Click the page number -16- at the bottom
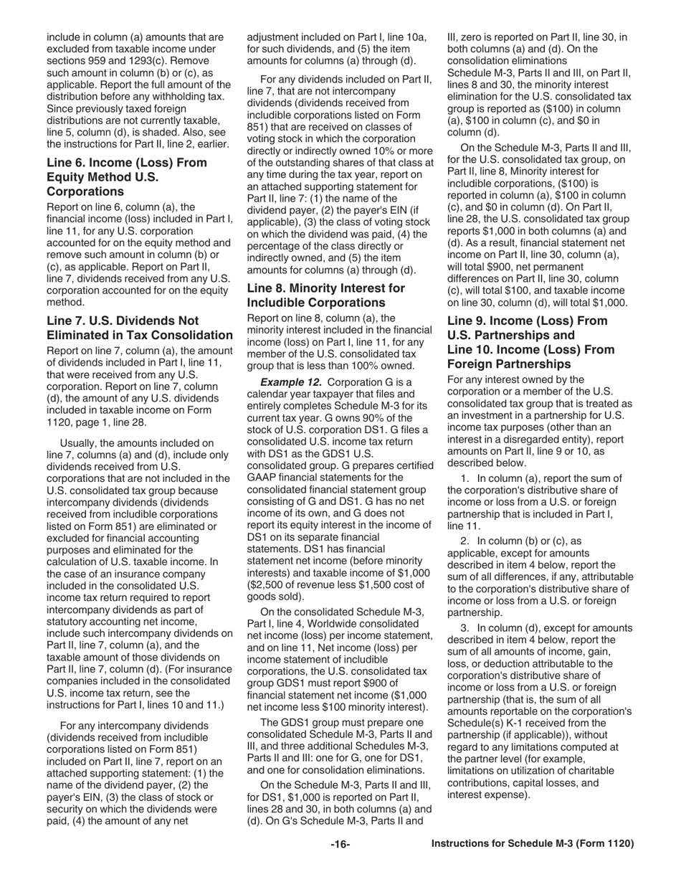[x=340, y=844]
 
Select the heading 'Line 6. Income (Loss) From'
[x=126, y=163]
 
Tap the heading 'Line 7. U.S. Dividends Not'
[x=123, y=321]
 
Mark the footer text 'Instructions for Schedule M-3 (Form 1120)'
[x=533, y=844]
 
